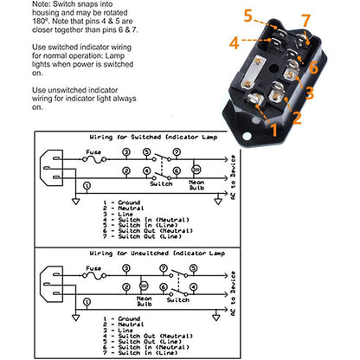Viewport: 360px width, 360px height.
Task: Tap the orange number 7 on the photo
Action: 304,18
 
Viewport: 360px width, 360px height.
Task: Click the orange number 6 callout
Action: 313,66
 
